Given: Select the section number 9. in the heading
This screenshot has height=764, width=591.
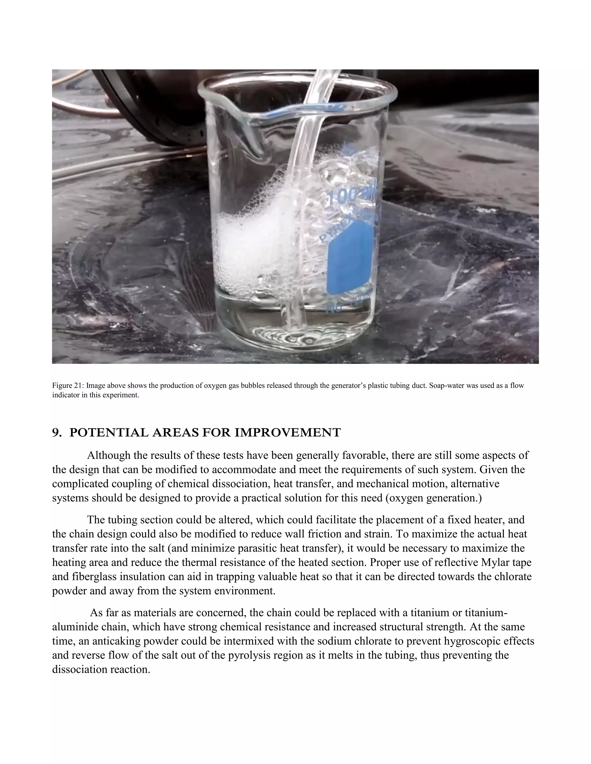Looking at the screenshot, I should [x=57, y=433].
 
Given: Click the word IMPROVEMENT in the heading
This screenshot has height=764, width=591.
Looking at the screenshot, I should [x=287, y=433].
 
